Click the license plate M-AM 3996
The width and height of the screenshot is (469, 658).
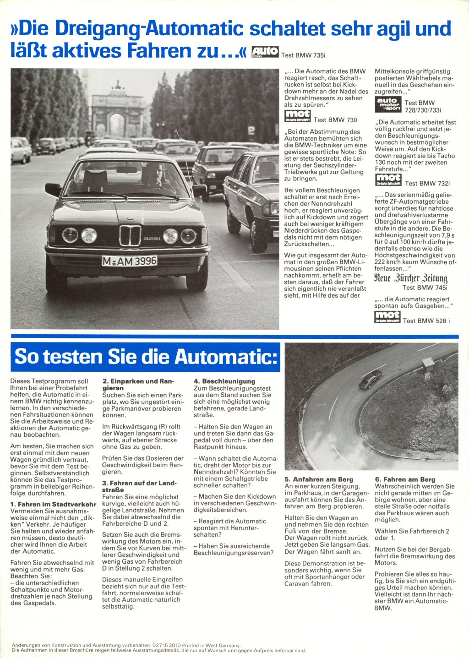129,261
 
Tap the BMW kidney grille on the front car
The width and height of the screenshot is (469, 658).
130,236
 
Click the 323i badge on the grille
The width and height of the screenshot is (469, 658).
151,239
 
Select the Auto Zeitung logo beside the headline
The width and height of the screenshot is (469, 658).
265,52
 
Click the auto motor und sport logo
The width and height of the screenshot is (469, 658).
388,104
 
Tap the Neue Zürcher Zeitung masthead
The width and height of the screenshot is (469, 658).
410,278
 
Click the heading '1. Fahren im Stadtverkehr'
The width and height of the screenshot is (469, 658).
53,504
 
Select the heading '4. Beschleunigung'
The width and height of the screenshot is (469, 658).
224,381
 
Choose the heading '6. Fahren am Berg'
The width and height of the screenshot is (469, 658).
405,479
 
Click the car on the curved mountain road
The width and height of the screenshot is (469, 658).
370,381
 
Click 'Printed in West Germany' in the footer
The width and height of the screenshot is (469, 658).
211,645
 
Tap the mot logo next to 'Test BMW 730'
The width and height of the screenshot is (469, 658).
297,116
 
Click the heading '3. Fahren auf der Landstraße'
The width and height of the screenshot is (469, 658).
139,486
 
